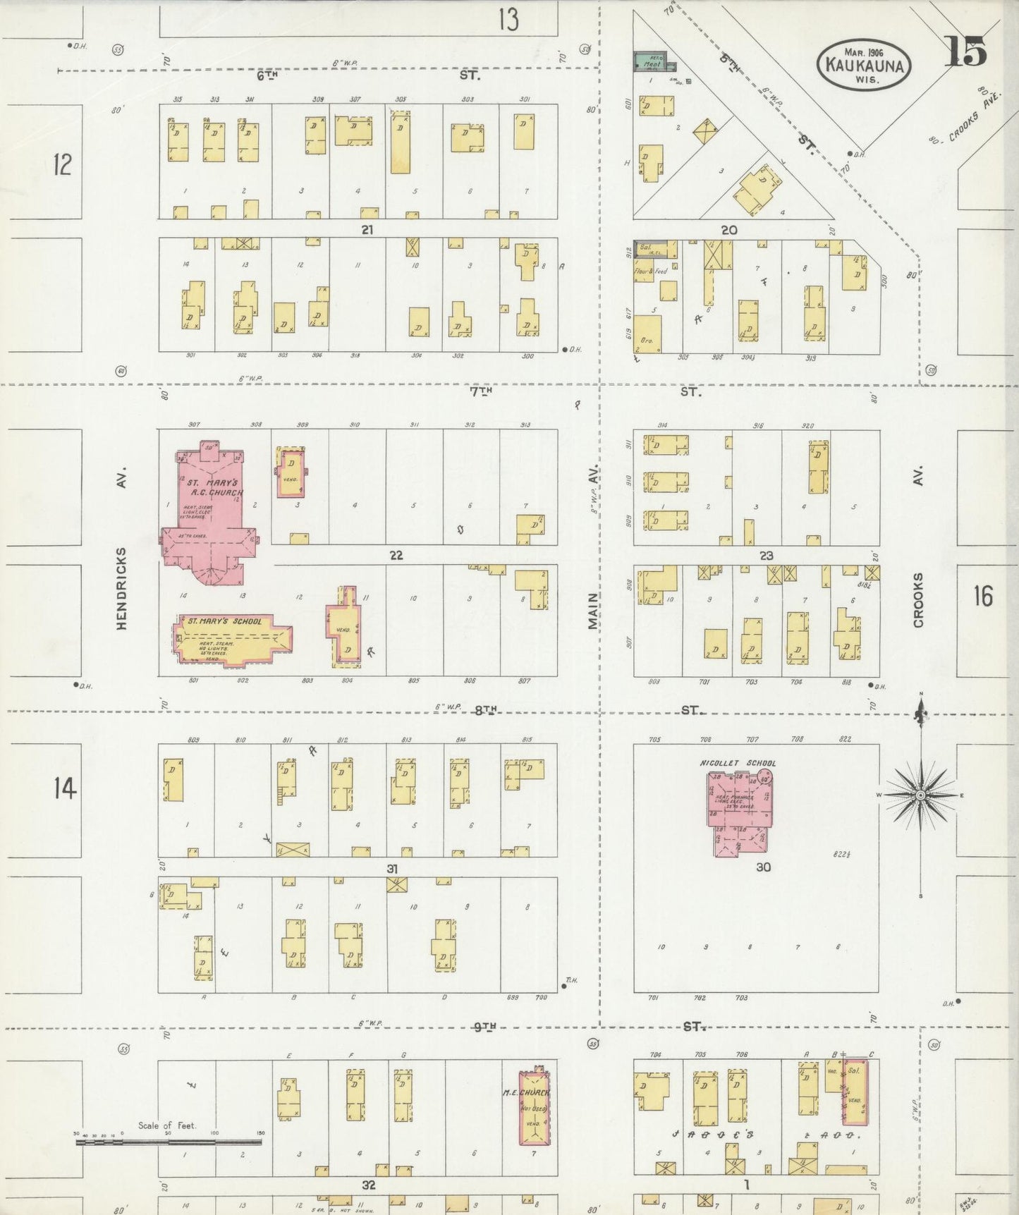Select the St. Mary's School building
[x=231, y=640]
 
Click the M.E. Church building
[x=534, y=1108]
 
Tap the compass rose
[x=920, y=795]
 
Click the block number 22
[x=396, y=556]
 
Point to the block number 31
[x=392, y=869]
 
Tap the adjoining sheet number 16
[x=983, y=597]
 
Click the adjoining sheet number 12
[x=62, y=165]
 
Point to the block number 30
[x=763, y=867]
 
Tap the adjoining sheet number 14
[x=64, y=788]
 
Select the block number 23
[x=766, y=556]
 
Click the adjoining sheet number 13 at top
[x=508, y=19]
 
